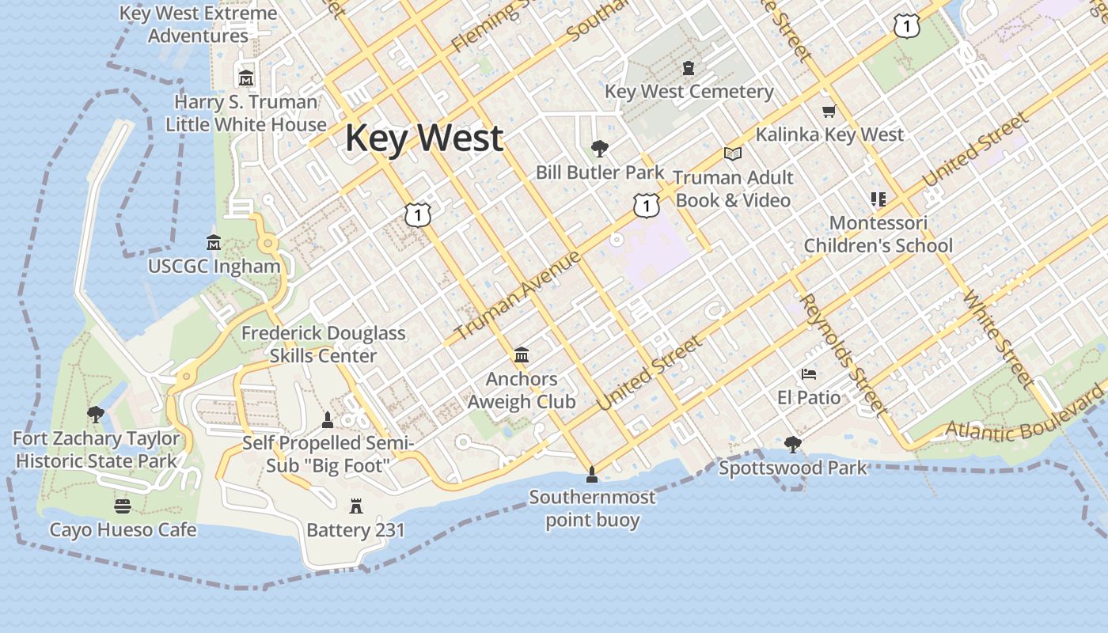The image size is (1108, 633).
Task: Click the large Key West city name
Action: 423,138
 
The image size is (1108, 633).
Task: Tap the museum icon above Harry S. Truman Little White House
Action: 246,78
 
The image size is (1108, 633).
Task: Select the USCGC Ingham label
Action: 214,267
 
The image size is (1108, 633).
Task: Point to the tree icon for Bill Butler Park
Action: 600,148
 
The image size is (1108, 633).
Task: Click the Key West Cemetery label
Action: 689,92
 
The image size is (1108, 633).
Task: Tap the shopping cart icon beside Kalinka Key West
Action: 829,112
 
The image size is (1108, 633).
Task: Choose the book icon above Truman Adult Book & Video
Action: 733,154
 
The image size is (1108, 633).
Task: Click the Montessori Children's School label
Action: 878,234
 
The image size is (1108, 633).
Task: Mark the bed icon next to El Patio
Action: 808,373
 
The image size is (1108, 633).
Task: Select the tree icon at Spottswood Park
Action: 792,445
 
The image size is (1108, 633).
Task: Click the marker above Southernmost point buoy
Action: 591,475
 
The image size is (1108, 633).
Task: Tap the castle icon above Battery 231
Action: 355,506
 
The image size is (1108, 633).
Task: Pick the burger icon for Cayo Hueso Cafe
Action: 123,506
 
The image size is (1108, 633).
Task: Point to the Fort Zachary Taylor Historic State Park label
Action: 97,449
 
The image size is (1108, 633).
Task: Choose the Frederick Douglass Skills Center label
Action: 323,344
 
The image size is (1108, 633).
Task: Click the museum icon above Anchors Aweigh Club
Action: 522,355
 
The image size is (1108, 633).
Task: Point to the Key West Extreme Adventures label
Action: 199,25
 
